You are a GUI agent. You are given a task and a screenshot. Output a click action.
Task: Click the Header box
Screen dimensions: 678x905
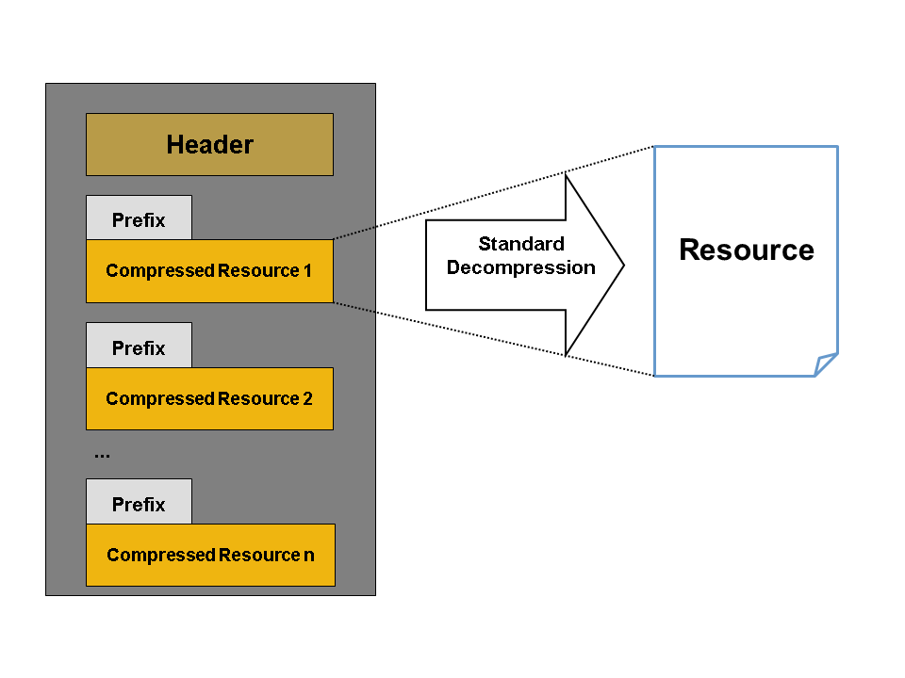tap(209, 144)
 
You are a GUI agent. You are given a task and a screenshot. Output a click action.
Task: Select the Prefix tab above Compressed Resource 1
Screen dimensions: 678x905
tap(139, 219)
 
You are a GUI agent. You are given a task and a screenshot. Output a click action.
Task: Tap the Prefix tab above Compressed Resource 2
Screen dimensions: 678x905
tap(139, 347)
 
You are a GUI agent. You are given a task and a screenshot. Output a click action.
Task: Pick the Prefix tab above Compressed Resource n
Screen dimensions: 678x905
tap(139, 504)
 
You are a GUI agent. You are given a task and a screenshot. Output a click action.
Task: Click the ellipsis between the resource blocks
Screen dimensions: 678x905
tap(102, 455)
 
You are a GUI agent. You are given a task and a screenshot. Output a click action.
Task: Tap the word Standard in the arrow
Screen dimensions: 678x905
tap(521, 244)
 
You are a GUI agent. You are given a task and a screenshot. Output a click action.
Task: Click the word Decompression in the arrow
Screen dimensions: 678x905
tap(521, 267)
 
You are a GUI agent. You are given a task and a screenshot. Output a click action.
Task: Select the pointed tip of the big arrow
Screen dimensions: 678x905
tap(622, 265)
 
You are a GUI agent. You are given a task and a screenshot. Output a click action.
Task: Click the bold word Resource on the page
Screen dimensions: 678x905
tap(747, 250)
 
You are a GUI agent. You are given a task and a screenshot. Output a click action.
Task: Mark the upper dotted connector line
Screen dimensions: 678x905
tap(490, 193)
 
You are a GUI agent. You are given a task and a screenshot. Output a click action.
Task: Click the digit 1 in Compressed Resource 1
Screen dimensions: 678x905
tap(307, 271)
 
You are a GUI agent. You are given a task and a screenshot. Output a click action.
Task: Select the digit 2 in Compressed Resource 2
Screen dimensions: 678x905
tap(307, 398)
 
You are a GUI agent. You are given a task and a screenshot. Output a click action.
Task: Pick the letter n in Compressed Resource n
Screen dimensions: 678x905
tap(309, 556)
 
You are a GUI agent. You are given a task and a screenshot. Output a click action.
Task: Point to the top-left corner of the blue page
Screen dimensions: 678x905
tap(655, 147)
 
